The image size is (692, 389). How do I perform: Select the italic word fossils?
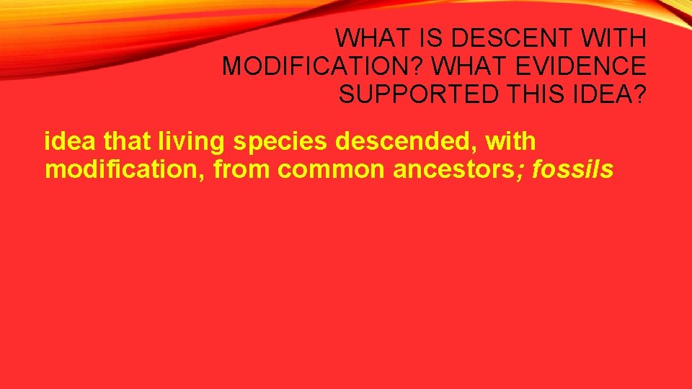[x=572, y=170]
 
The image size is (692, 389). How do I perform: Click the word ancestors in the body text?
[x=461, y=170]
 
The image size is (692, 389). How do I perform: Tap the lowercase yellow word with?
[x=511, y=142]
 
